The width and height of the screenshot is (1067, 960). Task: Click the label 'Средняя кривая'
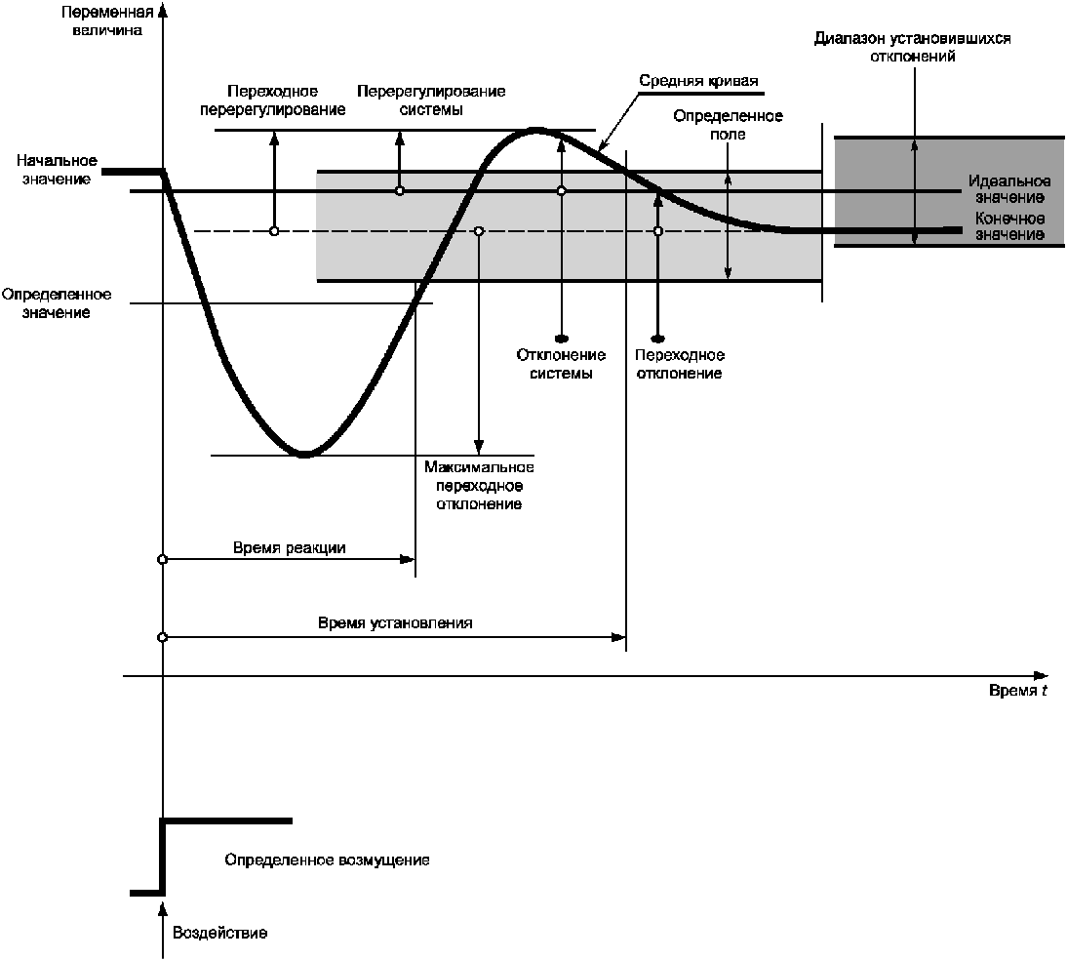[x=698, y=81]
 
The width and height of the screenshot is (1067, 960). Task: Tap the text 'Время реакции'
[x=290, y=548]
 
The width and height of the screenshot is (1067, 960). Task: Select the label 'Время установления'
[x=395, y=622]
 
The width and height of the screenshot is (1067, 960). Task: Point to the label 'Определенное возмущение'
[x=327, y=861]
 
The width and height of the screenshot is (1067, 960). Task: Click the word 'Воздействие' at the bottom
[x=219, y=933]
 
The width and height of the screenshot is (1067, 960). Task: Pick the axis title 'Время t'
[x=1018, y=691]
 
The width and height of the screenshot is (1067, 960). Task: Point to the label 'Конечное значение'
[x=1009, y=226]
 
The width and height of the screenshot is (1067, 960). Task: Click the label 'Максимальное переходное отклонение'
[x=479, y=486]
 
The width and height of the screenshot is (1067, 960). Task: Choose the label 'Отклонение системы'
[x=561, y=364]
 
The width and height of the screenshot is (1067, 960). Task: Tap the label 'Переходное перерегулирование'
[x=273, y=100]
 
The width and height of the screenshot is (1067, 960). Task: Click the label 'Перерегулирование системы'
[x=431, y=100]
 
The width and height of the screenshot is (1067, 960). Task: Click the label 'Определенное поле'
[x=729, y=125]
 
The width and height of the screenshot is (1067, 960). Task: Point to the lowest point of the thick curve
[x=304, y=454]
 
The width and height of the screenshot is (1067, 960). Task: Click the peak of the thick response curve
[x=534, y=130]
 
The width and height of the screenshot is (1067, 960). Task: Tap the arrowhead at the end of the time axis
[x=1042, y=675]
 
